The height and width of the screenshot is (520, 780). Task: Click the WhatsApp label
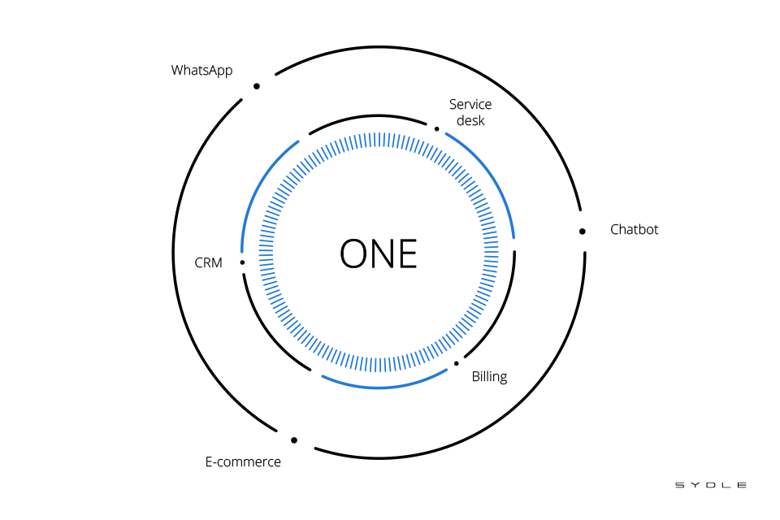point(201,71)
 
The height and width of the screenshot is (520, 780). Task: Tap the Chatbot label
point(634,230)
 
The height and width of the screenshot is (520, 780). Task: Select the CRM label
point(208,262)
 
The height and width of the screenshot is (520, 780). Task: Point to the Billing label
point(489,377)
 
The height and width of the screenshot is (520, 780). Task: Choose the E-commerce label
point(243,462)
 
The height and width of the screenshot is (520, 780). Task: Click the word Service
point(470,105)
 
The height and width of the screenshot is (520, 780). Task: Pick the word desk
point(470,120)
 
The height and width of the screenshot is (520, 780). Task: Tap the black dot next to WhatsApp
point(257,86)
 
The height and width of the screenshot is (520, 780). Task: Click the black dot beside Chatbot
point(583,232)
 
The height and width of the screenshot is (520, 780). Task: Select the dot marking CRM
point(242,262)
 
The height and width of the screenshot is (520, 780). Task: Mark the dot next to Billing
point(457,363)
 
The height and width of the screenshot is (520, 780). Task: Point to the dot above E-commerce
point(294,440)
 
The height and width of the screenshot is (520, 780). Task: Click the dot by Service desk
point(437,128)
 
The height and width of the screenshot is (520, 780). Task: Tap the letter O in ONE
point(355,253)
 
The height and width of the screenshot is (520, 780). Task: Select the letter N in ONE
point(382,253)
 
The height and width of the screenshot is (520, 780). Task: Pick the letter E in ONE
point(407,253)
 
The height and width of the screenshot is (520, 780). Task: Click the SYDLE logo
point(711,485)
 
